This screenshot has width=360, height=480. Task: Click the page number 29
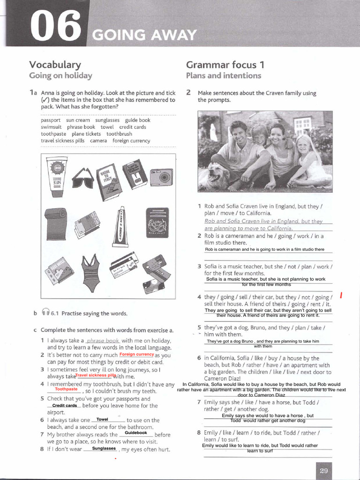323,471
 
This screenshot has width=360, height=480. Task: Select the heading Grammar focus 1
225,65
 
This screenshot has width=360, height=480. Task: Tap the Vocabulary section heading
55,65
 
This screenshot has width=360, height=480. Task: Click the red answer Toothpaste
66,389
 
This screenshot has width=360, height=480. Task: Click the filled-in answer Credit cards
65,405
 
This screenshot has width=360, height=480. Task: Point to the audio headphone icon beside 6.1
45,313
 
